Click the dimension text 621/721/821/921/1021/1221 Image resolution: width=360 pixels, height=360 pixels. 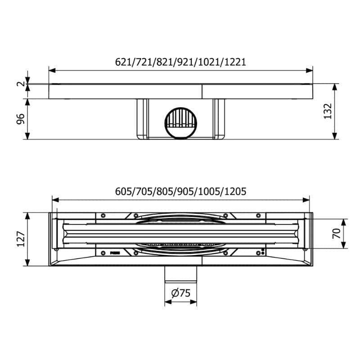click(180, 62)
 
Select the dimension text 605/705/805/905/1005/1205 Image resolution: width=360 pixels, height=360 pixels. click(180, 192)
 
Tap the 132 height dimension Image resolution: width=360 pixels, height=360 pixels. click(328, 111)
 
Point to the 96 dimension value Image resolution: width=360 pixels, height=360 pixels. click(21, 119)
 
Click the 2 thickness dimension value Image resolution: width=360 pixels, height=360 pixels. click(21, 84)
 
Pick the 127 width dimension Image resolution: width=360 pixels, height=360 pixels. click(21, 239)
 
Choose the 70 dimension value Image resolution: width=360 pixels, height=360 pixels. click(337, 234)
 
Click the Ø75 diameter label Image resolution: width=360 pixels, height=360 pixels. click(181, 293)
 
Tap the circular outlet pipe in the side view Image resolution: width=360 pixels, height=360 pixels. click(181, 123)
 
